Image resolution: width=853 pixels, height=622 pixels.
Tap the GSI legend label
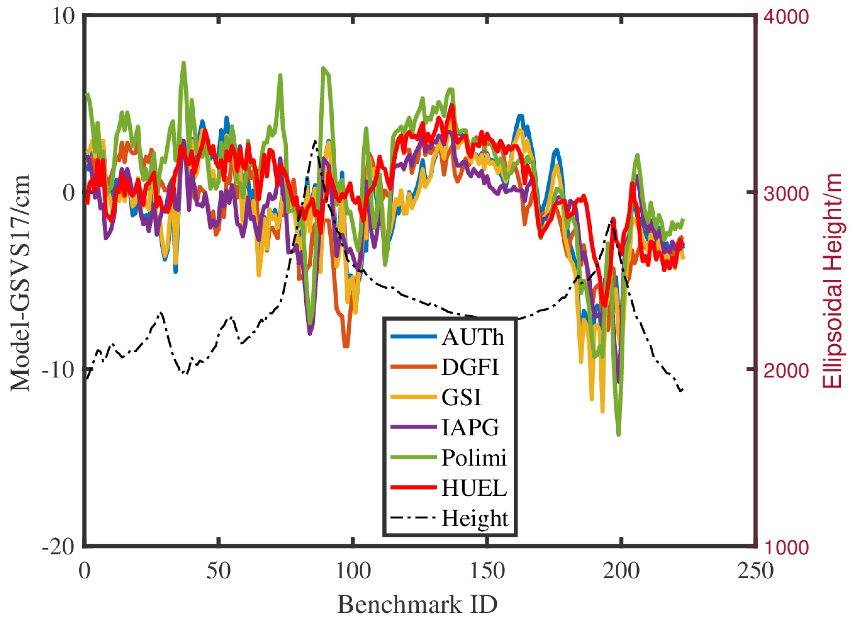(x=461, y=397)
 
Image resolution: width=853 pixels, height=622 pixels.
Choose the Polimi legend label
(x=474, y=457)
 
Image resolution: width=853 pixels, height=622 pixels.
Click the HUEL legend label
(x=474, y=488)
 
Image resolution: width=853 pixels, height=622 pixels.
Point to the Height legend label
(x=475, y=518)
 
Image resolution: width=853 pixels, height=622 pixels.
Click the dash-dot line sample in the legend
(x=413, y=518)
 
